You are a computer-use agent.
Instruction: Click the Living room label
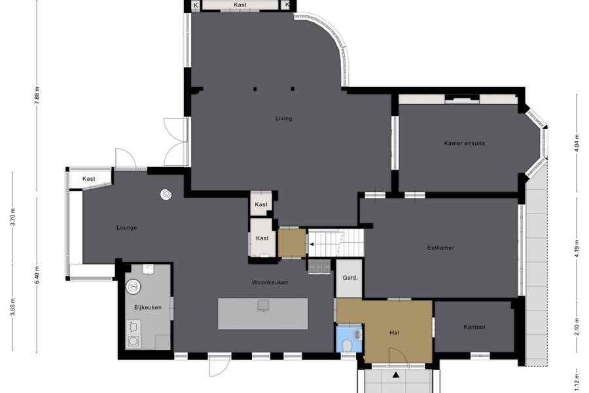[283, 119]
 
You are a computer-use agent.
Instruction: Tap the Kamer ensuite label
[464, 143]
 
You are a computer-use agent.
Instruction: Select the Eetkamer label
[440, 248]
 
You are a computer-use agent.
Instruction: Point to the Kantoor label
[474, 327]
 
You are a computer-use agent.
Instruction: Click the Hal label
[394, 333]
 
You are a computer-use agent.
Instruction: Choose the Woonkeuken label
[270, 282]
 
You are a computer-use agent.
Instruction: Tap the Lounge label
[126, 227]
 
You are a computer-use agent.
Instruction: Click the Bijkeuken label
[148, 307]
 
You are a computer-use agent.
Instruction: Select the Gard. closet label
[350, 278]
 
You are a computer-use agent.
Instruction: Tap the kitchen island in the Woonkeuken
[263, 314]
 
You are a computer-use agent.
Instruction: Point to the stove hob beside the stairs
[319, 267]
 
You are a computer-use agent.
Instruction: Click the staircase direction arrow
[312, 244]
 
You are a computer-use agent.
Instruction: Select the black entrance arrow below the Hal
[395, 375]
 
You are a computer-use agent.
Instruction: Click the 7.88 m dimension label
[37, 95]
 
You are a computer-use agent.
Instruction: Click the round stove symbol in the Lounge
[166, 194]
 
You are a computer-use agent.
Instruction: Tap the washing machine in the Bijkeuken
[133, 341]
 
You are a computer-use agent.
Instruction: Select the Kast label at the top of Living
[240, 5]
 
